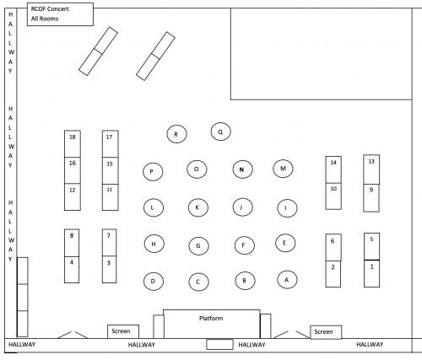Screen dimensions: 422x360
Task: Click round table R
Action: tap(176, 134)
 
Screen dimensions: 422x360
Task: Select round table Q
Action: tap(220, 132)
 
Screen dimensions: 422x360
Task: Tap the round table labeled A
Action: tap(287, 280)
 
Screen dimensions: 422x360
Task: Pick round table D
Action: tap(154, 281)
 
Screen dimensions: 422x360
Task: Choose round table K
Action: tap(198, 207)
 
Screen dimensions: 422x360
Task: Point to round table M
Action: tap(283, 169)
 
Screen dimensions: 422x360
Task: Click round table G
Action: tap(198, 246)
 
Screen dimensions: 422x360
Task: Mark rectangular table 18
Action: tap(73, 144)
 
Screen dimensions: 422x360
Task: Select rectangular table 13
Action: tap(371, 169)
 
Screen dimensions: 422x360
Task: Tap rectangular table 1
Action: tap(371, 273)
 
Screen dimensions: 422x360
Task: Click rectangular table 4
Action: tap(72, 270)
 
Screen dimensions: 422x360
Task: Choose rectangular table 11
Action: tap(111, 197)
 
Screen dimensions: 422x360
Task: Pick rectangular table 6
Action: tap(333, 247)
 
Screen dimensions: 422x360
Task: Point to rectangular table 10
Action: tap(333, 196)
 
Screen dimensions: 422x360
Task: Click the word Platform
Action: tap(211, 318)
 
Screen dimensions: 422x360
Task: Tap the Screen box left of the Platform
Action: tap(123, 331)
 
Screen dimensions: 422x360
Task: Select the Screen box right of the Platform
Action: tap(326, 332)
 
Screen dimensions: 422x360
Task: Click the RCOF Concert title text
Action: tap(50, 9)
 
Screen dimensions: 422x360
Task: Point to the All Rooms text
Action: tap(45, 19)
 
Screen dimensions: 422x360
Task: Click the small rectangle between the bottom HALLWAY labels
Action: tap(219, 344)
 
